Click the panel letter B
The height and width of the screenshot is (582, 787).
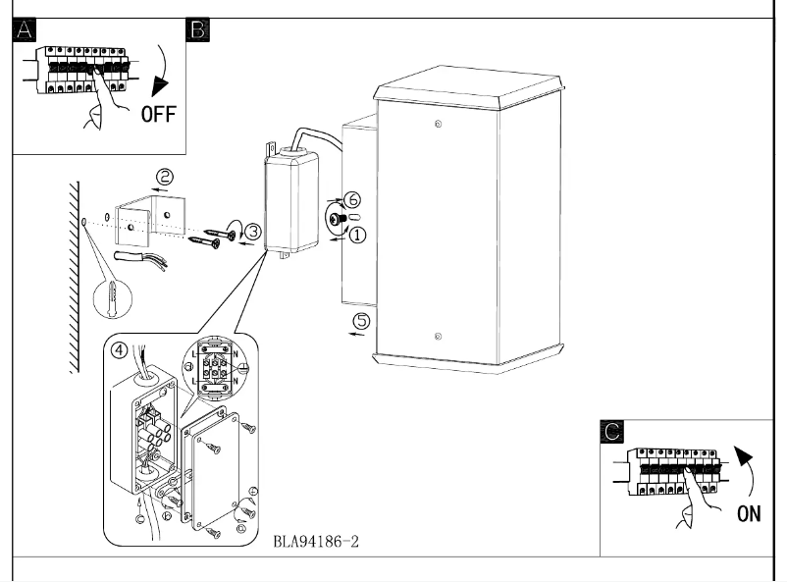(x=197, y=30)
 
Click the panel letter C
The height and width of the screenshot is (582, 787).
(x=611, y=431)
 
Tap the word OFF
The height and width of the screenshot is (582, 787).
(x=157, y=114)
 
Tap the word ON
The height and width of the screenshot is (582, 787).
(x=749, y=513)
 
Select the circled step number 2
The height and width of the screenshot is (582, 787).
(x=166, y=177)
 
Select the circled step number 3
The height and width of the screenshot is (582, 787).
(x=253, y=232)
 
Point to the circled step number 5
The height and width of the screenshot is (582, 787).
(x=361, y=320)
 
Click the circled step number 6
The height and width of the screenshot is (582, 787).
(x=354, y=199)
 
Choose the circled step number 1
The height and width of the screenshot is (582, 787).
(x=358, y=236)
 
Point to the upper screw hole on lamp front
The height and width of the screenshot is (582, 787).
(x=437, y=123)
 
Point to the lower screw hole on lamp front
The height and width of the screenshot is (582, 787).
(x=437, y=334)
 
